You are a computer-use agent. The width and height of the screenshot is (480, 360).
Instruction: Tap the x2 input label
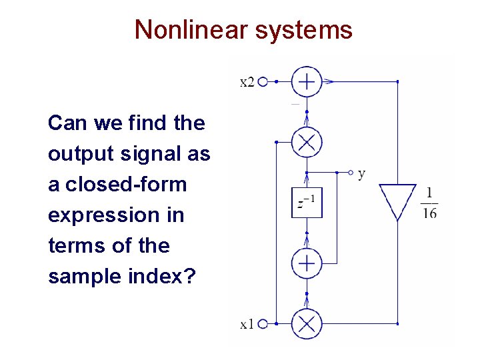coord(247,82)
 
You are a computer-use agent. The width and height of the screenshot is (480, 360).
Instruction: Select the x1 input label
coord(247,325)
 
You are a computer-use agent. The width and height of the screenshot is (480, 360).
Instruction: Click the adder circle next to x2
coord(307,82)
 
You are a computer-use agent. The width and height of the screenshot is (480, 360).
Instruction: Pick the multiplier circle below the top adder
coord(307,142)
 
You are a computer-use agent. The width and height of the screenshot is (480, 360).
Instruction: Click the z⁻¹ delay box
coord(307,203)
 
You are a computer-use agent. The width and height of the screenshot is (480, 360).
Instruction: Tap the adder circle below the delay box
coord(307,263)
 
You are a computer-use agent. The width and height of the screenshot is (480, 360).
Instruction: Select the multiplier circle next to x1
coord(307,325)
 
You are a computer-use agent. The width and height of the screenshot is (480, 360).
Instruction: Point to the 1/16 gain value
coord(429,203)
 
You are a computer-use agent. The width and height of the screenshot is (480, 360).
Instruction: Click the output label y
coord(361,174)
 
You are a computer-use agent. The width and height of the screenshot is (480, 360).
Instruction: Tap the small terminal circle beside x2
coord(262,82)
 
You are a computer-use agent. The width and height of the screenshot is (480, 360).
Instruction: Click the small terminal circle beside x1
coord(262,325)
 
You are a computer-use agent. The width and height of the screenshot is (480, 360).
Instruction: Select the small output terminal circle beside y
coord(351,173)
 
